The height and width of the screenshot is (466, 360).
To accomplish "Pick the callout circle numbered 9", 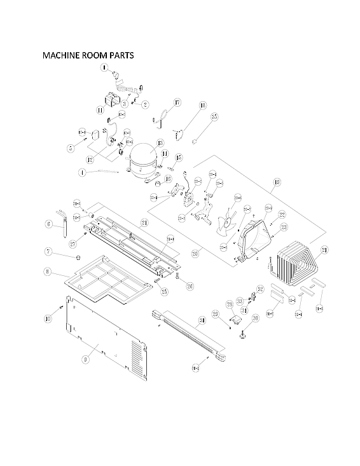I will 85,359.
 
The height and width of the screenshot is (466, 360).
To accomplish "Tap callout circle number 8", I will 48,271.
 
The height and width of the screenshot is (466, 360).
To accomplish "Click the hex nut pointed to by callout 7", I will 76,258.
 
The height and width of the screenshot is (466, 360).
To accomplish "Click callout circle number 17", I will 177,102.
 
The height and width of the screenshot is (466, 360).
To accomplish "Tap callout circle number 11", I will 100,110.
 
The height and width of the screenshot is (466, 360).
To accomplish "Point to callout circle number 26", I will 190,286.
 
